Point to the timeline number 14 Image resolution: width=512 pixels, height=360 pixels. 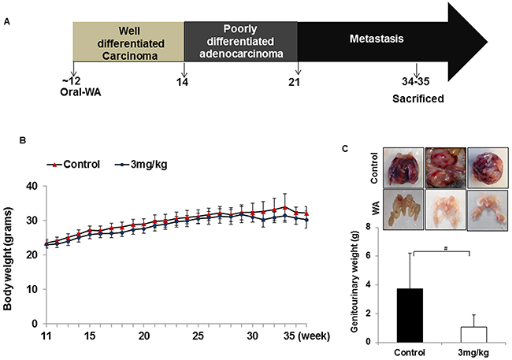184,80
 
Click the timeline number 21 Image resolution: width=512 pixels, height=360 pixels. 299,80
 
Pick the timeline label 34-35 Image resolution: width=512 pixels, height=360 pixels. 417,80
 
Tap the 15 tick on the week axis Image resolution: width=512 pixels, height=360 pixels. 91,334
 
